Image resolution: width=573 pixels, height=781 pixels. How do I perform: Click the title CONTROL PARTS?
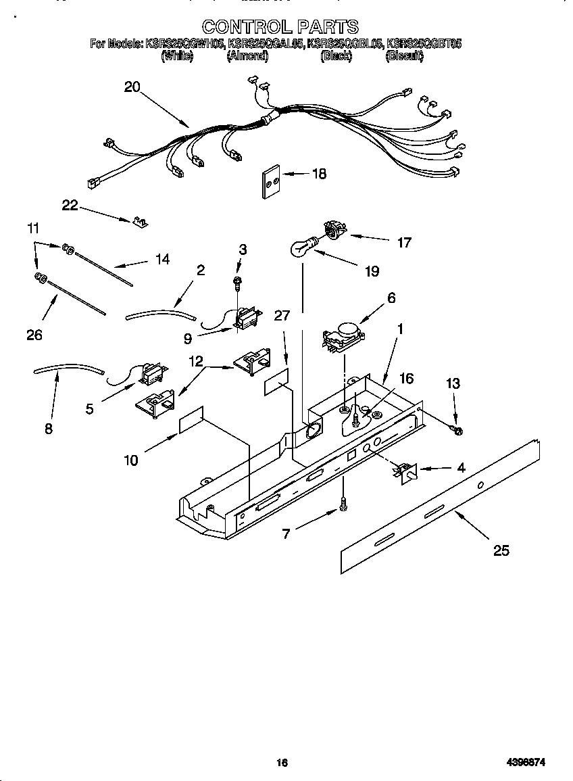pos(280,26)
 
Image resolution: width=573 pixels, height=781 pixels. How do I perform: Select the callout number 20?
pos(132,87)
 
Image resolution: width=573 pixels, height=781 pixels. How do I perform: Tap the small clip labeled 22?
pos(141,221)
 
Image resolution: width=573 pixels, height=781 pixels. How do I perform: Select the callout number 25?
pos(501,550)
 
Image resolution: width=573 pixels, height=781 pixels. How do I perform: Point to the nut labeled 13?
pos(457,429)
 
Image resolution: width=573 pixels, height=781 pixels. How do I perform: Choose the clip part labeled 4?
pos(407,472)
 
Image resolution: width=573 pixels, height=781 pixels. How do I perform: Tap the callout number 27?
pos(282,315)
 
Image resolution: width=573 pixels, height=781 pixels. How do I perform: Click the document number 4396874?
pos(526,763)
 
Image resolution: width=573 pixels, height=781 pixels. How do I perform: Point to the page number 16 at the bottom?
pos(282,763)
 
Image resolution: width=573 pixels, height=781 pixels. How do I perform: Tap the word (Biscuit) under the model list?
pos(404,57)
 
